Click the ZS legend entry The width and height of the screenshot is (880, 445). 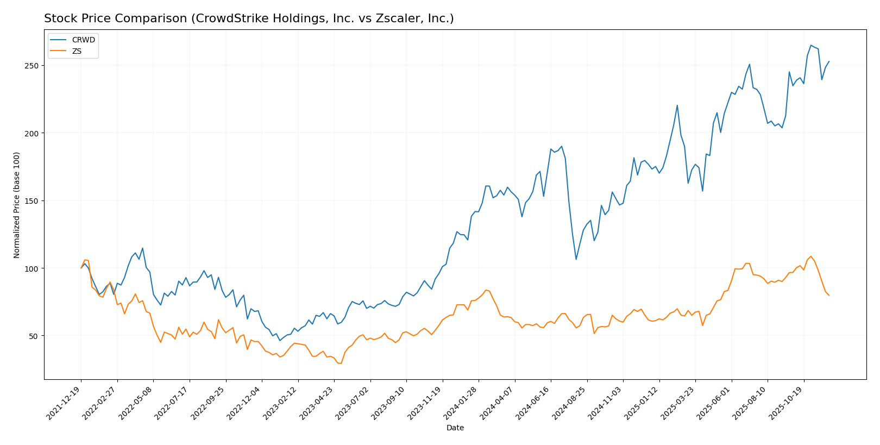77,51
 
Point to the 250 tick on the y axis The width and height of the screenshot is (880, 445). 34,66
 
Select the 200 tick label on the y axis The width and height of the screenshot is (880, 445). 34,133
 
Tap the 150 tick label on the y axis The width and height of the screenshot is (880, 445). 34,201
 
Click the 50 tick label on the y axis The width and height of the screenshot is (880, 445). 36,336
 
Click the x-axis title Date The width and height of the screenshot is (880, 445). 455,428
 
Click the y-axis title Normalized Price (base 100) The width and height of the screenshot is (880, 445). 17,205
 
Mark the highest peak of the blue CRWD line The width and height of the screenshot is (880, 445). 811,45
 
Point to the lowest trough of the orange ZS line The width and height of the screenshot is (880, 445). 341,363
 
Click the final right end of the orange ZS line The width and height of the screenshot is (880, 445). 829,296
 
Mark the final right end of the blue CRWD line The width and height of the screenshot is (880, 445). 829,61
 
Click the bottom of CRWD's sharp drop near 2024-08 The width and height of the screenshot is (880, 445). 576,259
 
